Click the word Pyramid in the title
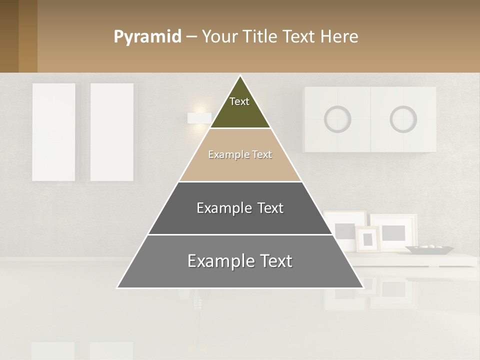click(x=147, y=37)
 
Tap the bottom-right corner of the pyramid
click(x=362, y=287)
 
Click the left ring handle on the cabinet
click(x=337, y=119)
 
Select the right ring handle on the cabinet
click(x=403, y=119)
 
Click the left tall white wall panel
click(x=54, y=132)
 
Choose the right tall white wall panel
click(x=111, y=132)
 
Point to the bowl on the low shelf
click(x=429, y=248)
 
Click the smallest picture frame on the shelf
click(x=367, y=239)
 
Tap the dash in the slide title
click(x=191, y=37)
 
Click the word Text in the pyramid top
click(x=239, y=101)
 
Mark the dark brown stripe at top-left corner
click(x=9, y=36)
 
